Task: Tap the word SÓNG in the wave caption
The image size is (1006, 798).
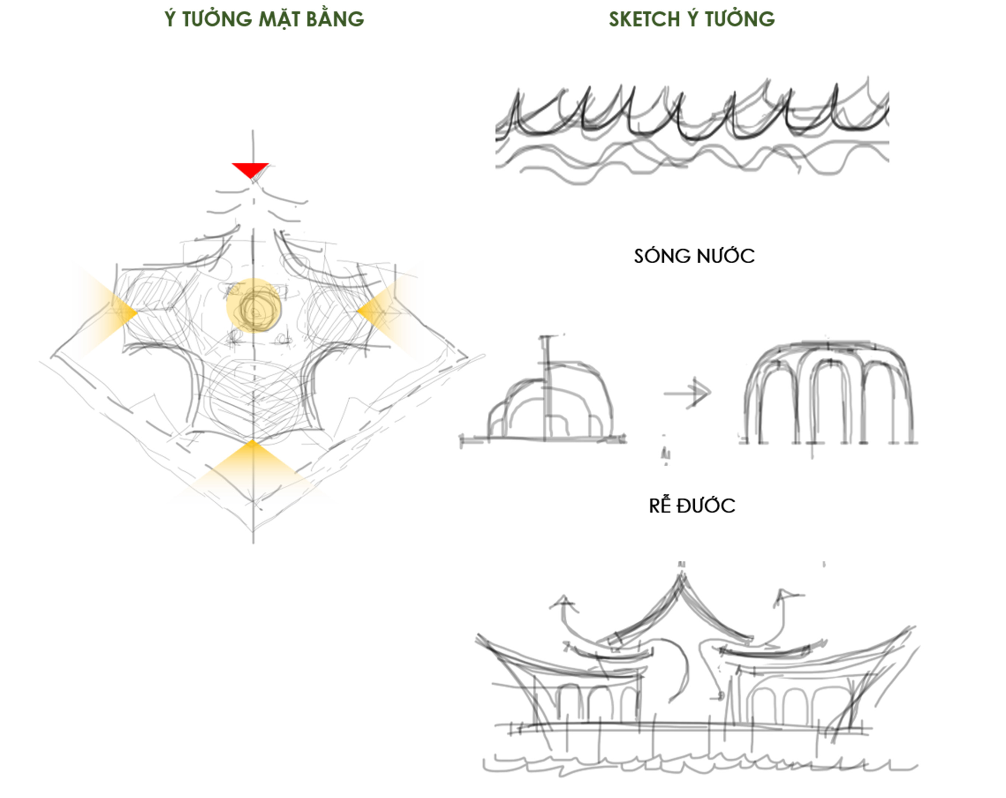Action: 658,256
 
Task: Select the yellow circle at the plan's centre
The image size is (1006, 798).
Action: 254,305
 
